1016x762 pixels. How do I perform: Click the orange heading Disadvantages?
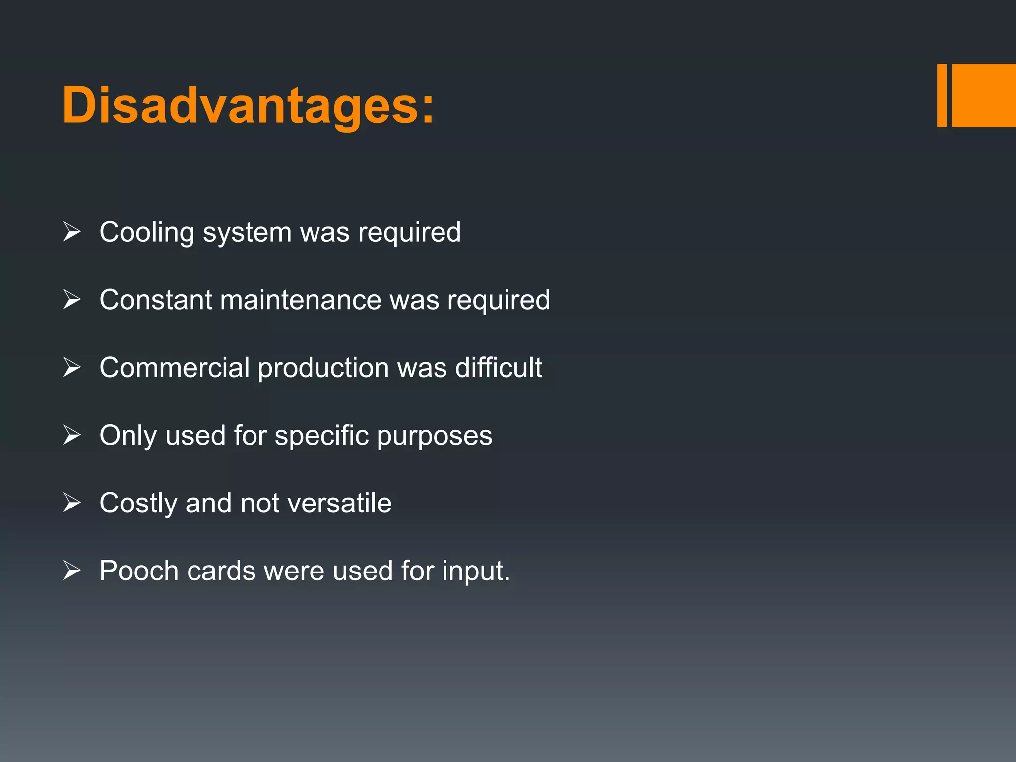point(248,106)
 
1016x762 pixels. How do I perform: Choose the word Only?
point(128,436)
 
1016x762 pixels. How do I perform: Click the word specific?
point(321,436)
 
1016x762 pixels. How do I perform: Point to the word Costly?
point(138,504)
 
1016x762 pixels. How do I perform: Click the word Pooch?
point(139,571)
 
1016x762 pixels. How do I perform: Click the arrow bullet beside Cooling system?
point(72,232)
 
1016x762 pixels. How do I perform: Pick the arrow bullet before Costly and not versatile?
point(72,503)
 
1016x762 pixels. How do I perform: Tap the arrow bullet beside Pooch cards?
point(72,571)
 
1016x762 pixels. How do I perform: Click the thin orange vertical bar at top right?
point(941,95)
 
